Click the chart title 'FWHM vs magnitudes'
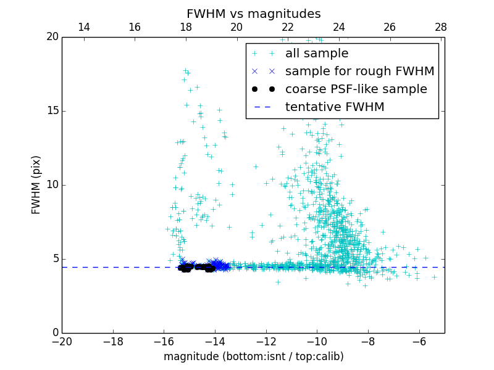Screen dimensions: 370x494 [253, 14]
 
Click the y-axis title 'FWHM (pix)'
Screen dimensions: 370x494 [36, 185]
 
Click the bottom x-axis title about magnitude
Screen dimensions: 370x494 [253, 356]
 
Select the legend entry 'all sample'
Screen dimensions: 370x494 [316, 54]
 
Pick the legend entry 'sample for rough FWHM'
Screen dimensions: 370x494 [359, 72]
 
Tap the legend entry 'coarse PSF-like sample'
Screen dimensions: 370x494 [356, 89]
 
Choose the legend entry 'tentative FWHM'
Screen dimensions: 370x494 [334, 107]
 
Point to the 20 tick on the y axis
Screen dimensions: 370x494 [52, 37]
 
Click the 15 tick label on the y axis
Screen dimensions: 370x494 [52, 111]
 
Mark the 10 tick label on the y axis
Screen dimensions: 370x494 [52, 185]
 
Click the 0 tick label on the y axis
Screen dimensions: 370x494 [55, 333]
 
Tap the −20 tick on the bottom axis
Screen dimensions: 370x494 [62, 341]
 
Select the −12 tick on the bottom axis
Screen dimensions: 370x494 [266, 341]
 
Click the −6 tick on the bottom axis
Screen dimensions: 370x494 [419, 341]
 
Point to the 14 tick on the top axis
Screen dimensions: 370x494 [83, 27]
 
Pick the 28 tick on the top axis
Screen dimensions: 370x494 [441, 27]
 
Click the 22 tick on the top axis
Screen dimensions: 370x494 [288, 27]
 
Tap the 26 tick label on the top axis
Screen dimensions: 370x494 [390, 27]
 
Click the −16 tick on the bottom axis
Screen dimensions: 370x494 [164, 341]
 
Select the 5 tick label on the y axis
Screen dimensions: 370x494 [55, 259]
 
